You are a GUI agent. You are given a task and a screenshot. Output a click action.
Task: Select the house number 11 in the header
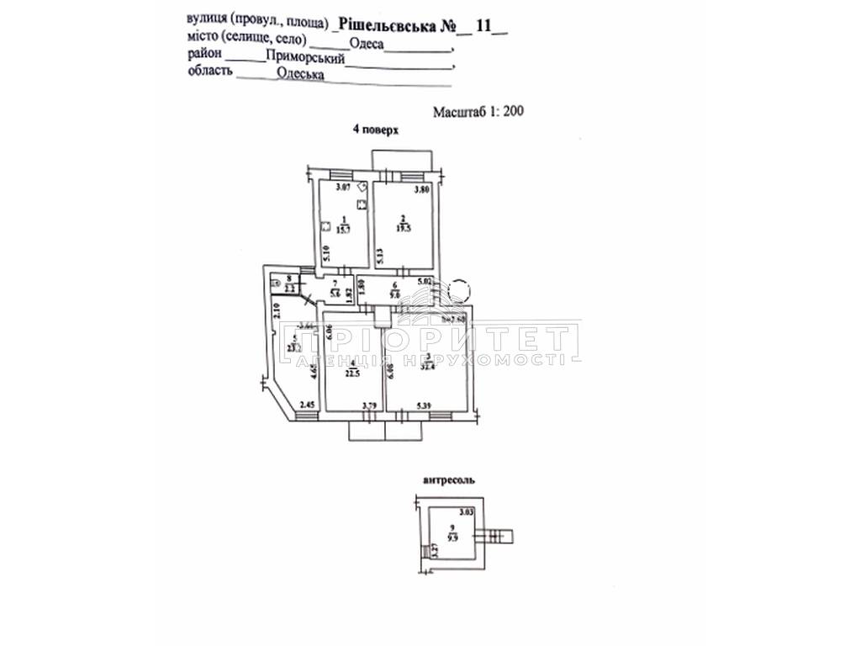pos(483,24)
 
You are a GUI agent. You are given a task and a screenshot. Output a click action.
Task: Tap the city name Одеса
pos(365,43)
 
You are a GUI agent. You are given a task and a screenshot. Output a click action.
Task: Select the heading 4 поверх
pos(373,130)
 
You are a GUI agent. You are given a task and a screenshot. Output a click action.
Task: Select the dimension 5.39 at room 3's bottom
pos(425,407)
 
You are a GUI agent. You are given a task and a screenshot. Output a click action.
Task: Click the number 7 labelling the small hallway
pos(334,283)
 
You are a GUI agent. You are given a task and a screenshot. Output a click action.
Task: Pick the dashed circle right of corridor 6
pos(459,291)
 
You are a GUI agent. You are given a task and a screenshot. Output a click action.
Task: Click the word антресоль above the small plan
pos(446,481)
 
